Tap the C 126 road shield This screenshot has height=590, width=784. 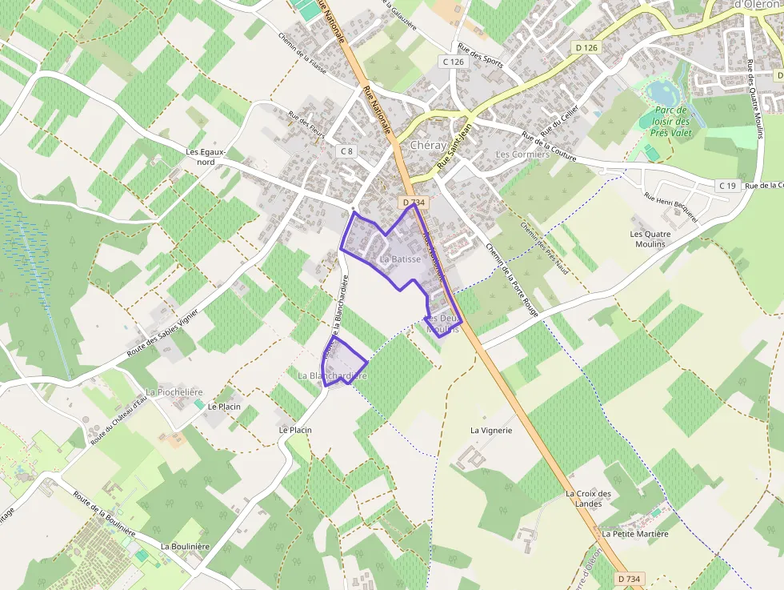453,62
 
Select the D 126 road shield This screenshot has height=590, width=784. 586,48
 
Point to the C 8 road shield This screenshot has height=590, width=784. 346,151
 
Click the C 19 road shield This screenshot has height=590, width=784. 726,186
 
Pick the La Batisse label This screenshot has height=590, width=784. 400,259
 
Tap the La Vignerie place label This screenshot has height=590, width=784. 491,430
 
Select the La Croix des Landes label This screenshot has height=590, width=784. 588,498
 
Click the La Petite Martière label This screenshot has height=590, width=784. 635,533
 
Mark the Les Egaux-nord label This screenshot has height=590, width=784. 206,157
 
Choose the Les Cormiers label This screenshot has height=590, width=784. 523,154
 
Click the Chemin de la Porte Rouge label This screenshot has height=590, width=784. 512,279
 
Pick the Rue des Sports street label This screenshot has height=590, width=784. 480,54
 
